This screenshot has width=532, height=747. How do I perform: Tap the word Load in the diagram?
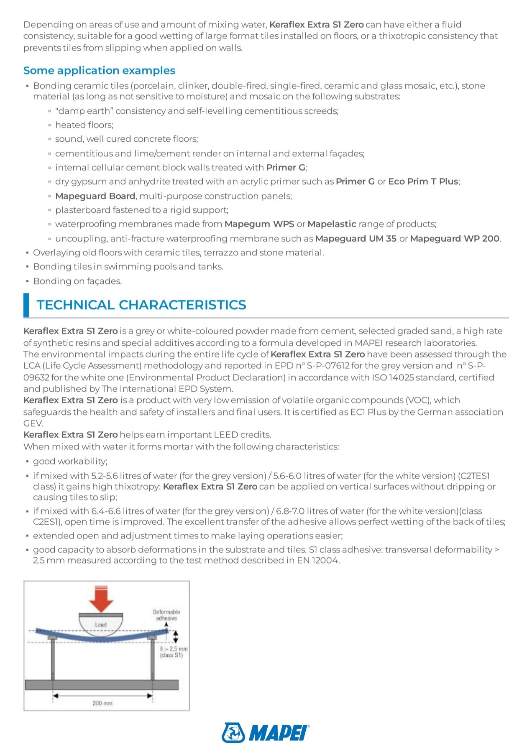[x=101, y=625]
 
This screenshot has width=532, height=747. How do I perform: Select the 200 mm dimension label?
[x=102, y=704]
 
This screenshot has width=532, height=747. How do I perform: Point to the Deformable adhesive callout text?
[x=166, y=615]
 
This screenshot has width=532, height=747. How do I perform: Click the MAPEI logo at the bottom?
[x=266, y=733]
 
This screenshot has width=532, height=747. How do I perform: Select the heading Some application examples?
[x=99, y=70]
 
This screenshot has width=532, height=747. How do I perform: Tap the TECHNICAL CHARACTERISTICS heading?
[x=141, y=305]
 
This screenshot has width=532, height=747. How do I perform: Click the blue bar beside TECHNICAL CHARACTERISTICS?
[x=26, y=305]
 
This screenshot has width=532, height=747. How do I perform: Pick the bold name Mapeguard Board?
[x=95, y=196]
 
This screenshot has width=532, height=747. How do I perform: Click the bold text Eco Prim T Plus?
[x=423, y=181]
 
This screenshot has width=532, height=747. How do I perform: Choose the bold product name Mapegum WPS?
[x=259, y=224]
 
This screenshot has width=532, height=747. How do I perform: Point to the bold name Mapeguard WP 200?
[x=455, y=239]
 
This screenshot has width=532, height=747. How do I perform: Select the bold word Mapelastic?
[x=332, y=224]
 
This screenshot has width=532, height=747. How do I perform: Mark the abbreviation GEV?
[x=33, y=423]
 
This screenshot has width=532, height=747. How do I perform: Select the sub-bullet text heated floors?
[x=84, y=125]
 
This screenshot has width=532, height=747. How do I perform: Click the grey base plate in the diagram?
[x=102, y=685]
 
